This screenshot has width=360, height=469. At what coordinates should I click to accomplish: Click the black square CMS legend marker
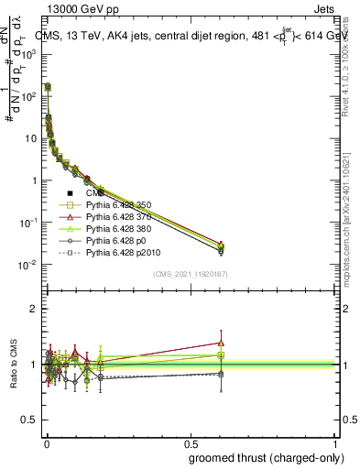[x=70, y=193]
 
